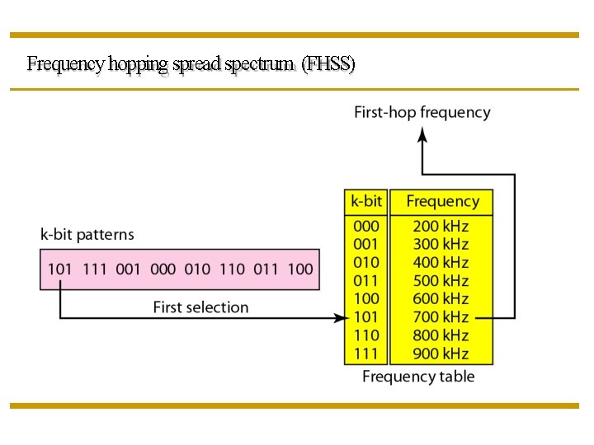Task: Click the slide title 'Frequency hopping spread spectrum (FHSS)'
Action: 191,63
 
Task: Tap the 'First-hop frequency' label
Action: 422,112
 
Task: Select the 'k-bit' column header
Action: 366,201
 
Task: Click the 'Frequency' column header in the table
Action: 442,201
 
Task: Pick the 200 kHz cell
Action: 441,226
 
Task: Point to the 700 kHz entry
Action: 441,316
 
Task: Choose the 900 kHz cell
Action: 441,354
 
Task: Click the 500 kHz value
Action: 441,280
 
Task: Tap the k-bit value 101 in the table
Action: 365,316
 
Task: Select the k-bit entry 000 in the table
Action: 365,226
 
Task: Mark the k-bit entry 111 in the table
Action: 365,354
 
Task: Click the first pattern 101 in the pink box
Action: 60,269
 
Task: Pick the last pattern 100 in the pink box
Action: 300,269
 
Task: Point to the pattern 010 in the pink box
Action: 197,269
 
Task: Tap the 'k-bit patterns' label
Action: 87,234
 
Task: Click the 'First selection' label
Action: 200,307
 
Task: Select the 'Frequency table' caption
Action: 418,377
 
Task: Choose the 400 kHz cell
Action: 441,262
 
